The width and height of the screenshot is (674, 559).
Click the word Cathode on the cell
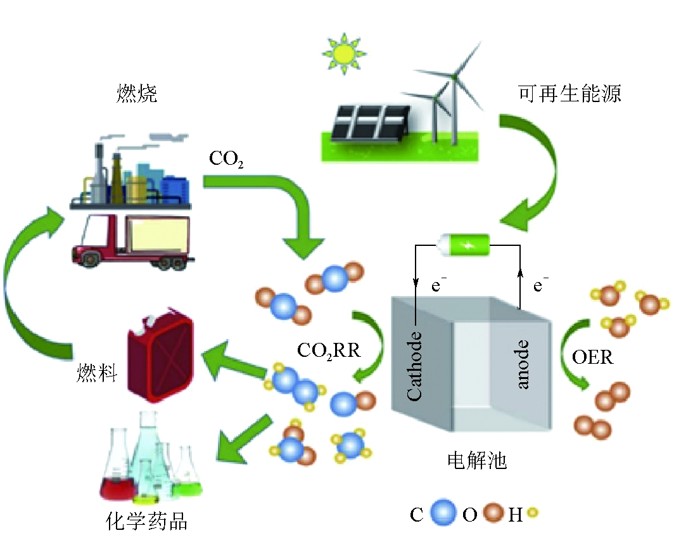[x=414, y=366]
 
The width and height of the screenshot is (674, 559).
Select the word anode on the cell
[x=523, y=364]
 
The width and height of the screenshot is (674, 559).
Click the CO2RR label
[x=328, y=350]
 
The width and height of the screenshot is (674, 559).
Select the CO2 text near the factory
[x=226, y=158]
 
